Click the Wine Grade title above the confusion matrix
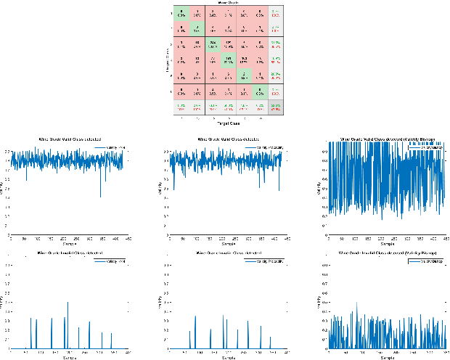pyautogui.click(x=226, y=3)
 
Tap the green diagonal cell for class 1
pyautogui.click(x=181, y=12)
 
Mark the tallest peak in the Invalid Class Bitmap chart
pyautogui.click(x=356, y=303)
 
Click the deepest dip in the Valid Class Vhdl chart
pyautogui.click(x=100, y=197)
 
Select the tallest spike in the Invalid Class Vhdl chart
pyautogui.click(x=67, y=302)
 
